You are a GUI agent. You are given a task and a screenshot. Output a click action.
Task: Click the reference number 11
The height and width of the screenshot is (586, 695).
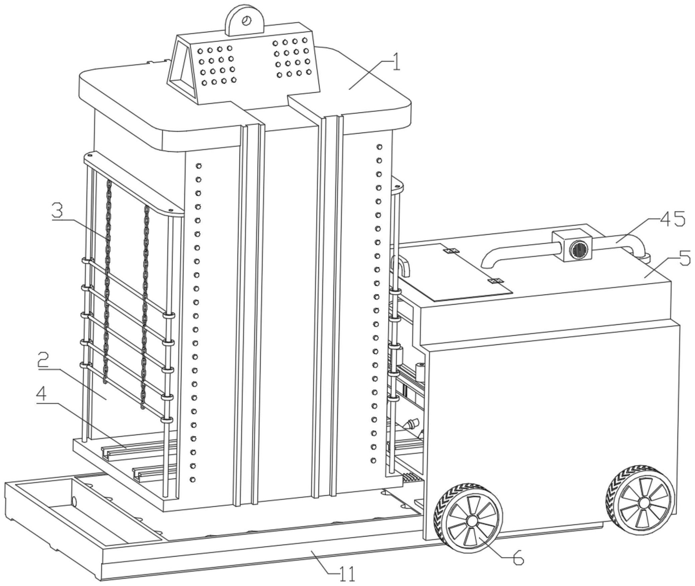347,575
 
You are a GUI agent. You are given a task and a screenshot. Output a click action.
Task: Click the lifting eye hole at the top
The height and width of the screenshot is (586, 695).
247,20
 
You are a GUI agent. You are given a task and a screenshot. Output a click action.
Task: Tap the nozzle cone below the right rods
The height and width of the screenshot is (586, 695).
412,425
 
